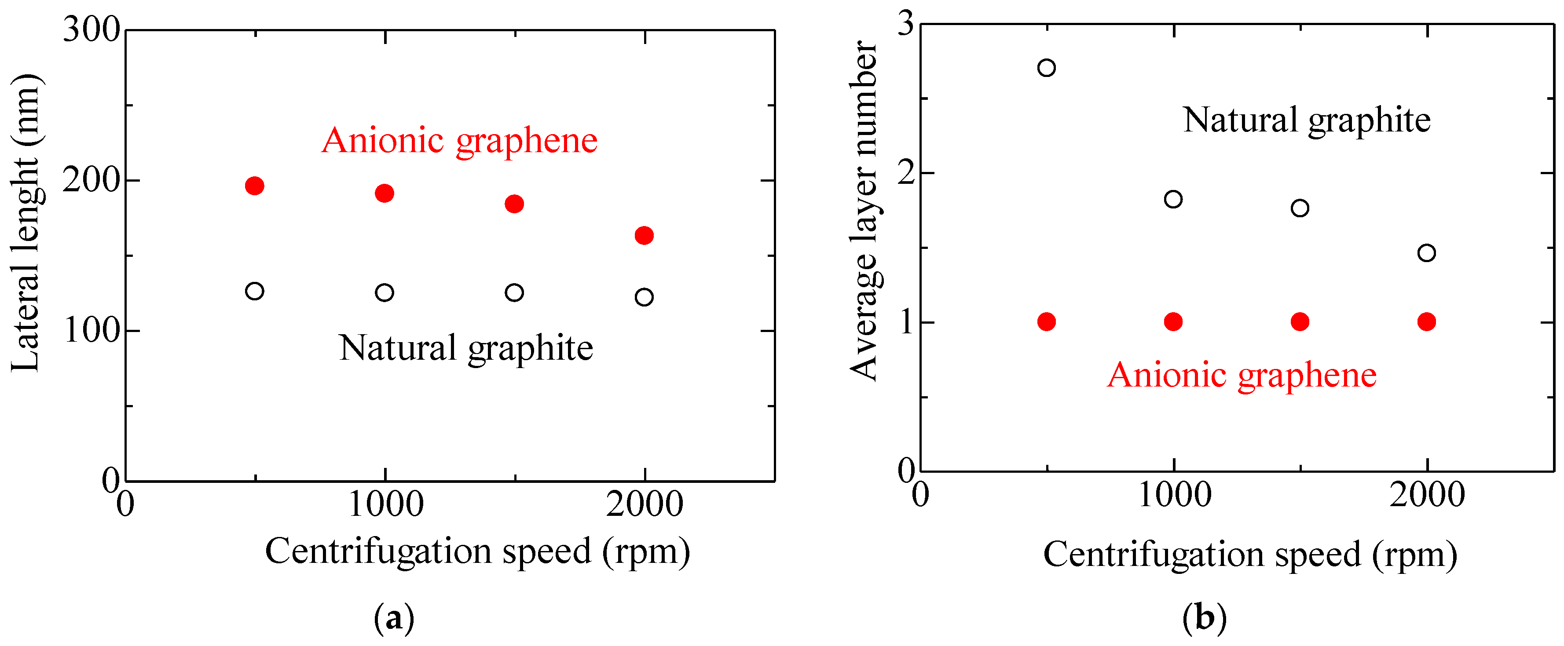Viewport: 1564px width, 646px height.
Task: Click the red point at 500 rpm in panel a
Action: point(254,186)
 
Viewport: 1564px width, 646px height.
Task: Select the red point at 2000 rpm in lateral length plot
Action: point(644,236)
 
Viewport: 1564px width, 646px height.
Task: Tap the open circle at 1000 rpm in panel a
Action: point(385,292)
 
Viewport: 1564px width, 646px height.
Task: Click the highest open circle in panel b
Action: point(1047,67)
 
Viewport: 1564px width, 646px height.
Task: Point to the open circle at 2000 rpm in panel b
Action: point(1427,252)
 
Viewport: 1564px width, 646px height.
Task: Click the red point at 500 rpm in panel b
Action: point(1047,322)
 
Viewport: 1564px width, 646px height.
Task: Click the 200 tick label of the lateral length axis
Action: point(92,180)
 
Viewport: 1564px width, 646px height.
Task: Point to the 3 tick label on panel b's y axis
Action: point(905,24)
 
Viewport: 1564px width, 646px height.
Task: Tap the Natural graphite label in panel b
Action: point(1307,120)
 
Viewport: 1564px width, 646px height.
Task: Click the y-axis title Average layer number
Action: point(863,211)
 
